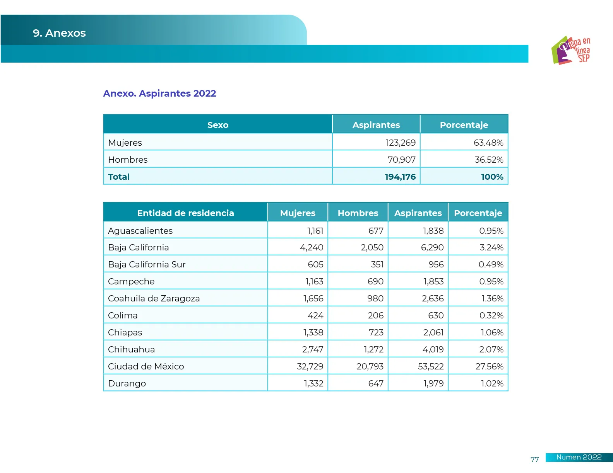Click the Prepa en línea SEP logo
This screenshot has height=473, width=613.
pos(571,50)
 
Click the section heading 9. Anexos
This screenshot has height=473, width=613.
pos(59,33)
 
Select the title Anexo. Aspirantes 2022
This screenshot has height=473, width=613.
pos(159,94)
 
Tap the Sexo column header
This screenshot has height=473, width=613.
pos(218,125)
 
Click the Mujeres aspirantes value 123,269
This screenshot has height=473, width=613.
pos(400,143)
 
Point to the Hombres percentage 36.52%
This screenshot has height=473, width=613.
pos(489,160)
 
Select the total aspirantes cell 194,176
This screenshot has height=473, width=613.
pos(400,177)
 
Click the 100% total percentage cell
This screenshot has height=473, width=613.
pos(492,177)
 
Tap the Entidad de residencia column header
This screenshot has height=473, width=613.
pos(185,213)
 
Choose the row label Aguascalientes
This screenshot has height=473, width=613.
pos(140,231)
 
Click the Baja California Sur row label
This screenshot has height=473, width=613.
pos(147,265)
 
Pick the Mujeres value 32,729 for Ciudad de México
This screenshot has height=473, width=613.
pos(310,366)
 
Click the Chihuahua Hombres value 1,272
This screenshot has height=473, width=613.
pos(373,349)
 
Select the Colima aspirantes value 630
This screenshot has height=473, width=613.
pos(436,315)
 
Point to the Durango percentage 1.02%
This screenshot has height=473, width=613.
pos(492,383)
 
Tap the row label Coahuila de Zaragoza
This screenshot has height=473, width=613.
pos(154,298)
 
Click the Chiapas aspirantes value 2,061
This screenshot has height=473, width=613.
pos(433,332)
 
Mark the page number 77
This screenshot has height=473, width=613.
pos(534,459)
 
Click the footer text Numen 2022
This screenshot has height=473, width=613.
pos(579,457)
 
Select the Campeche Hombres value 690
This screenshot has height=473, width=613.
pos(375,281)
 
